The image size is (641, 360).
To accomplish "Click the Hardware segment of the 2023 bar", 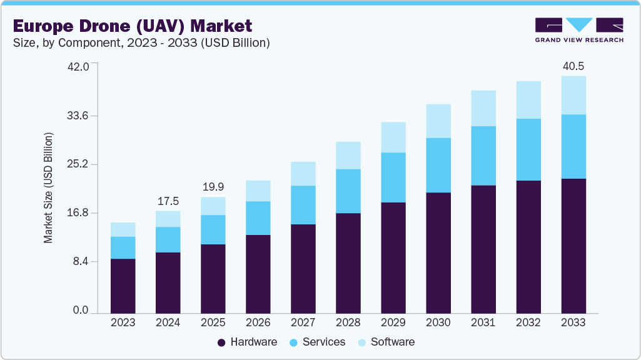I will pyautogui.click(x=123, y=286).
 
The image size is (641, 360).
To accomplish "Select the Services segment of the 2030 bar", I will pyautogui.click(x=438, y=165).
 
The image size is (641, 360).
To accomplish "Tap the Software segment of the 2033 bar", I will pyautogui.click(x=573, y=95).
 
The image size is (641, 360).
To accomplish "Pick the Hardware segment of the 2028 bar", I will pyautogui.click(x=348, y=262).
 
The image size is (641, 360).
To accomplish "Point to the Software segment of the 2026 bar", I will pyautogui.click(x=258, y=191).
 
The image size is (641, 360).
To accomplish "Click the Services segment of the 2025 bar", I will pyautogui.click(x=213, y=229).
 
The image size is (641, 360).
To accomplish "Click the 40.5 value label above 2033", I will pyautogui.click(x=573, y=66).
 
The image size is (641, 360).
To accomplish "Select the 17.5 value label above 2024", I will pyautogui.click(x=168, y=201).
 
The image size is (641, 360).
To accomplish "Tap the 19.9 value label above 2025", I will pyautogui.click(x=213, y=187).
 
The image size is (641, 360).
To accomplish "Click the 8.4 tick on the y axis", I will pyautogui.click(x=81, y=261).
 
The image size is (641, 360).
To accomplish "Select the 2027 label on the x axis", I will pyautogui.click(x=303, y=322).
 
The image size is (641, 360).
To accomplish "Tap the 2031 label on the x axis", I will pyautogui.click(x=483, y=322).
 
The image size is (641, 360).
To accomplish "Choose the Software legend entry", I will pyautogui.click(x=386, y=342).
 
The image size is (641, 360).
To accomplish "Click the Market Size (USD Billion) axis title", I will pyautogui.click(x=48, y=187).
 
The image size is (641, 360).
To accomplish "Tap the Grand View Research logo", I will pyautogui.click(x=579, y=30).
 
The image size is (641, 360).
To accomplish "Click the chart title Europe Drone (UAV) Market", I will pyautogui.click(x=133, y=26).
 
